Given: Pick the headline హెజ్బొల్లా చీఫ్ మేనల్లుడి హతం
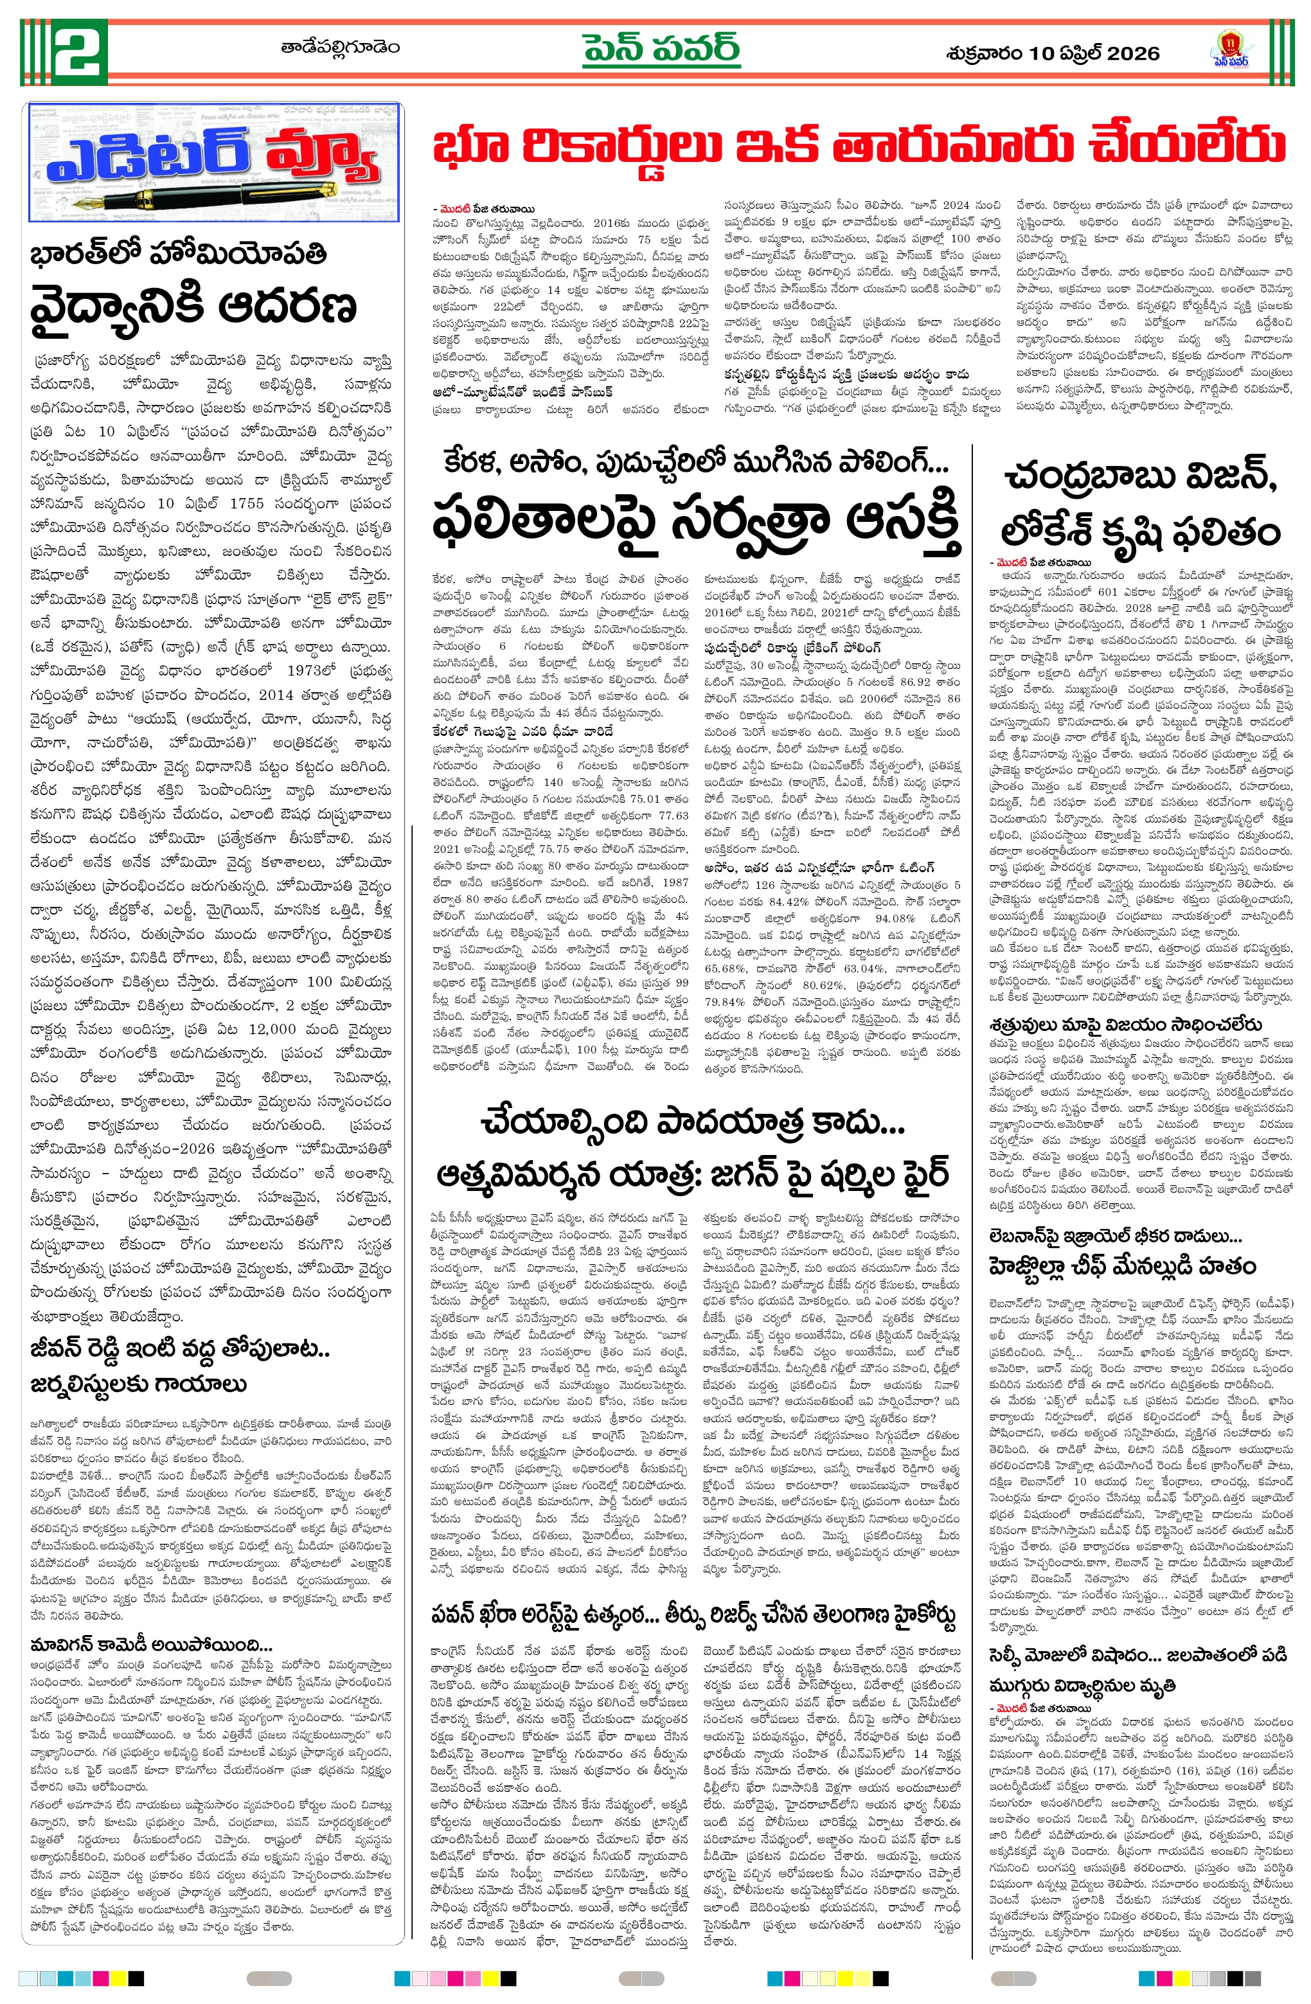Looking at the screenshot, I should click(x=1123, y=1267).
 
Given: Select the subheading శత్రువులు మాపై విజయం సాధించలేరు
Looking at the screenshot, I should click(x=1126, y=1024).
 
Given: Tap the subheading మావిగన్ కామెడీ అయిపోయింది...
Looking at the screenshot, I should click(x=152, y=1645).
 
